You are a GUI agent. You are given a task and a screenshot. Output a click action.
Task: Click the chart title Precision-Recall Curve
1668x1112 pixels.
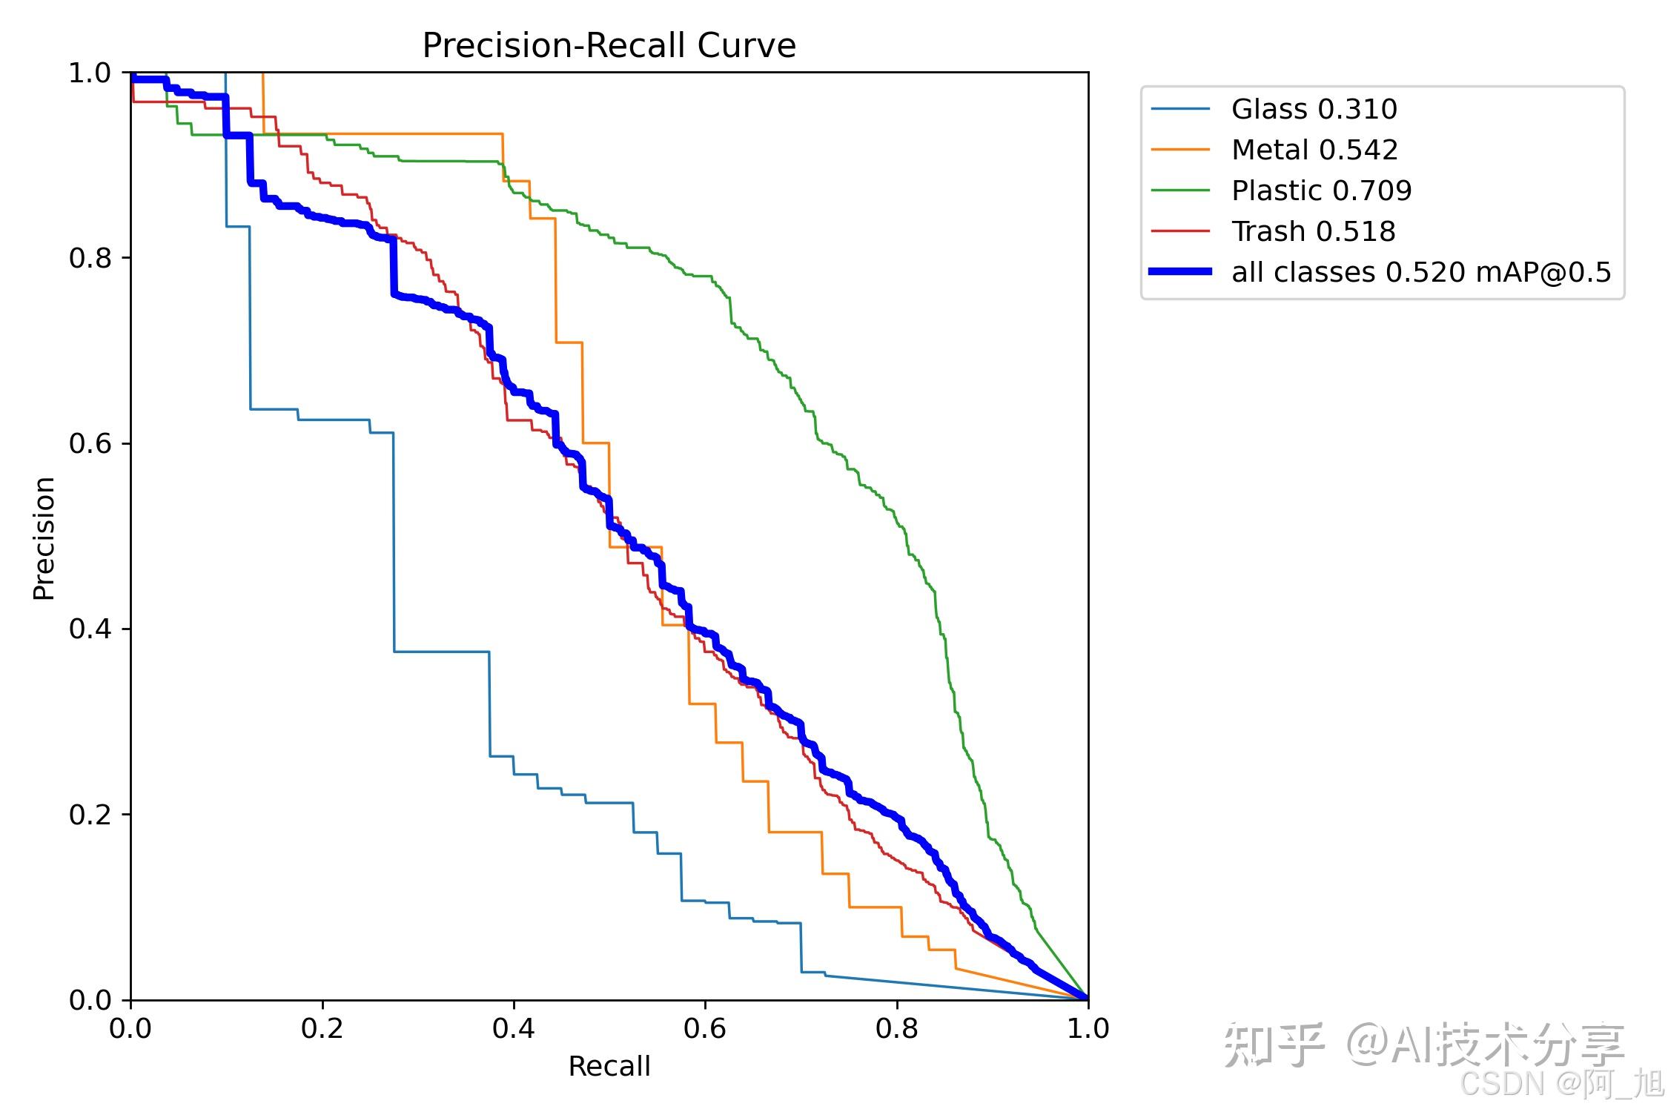(x=609, y=46)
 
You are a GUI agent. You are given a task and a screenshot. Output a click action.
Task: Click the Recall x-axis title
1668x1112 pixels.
(x=609, y=1066)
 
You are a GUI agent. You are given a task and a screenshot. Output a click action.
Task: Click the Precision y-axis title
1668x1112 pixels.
(x=44, y=537)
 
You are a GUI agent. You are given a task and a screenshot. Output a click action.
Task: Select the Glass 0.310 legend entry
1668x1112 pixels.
(x=1314, y=109)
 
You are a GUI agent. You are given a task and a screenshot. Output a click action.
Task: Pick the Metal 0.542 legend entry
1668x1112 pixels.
(x=1314, y=150)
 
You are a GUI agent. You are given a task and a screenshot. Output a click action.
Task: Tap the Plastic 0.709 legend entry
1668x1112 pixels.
(x=1321, y=191)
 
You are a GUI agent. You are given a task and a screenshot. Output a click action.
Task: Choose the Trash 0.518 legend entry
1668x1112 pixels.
(x=1313, y=231)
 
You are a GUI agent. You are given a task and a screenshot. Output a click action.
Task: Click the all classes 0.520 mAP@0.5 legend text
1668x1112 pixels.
(x=1421, y=272)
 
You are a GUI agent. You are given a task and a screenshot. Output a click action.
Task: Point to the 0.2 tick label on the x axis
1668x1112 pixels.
(x=322, y=1028)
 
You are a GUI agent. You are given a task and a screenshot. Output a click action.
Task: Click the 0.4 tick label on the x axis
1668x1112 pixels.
(x=514, y=1028)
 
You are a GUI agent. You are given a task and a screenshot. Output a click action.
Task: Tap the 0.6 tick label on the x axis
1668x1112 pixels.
(x=705, y=1028)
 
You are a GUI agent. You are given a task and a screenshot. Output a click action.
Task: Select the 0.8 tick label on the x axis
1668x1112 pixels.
(x=897, y=1028)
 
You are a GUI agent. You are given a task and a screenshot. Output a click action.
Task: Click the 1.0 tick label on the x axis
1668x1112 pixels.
(x=1088, y=1028)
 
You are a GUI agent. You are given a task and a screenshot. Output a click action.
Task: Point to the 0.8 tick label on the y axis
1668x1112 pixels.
(x=90, y=258)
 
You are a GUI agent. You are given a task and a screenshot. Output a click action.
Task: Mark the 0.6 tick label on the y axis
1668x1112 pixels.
(x=90, y=443)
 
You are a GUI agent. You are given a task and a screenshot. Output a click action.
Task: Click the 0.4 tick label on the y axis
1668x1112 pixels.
(x=90, y=629)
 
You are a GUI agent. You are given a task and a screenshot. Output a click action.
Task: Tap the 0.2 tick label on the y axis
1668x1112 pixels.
(x=90, y=814)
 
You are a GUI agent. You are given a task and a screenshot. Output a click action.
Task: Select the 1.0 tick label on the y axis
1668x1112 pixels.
(x=90, y=73)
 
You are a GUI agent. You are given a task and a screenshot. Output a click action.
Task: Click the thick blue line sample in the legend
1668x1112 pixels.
(x=1180, y=272)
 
